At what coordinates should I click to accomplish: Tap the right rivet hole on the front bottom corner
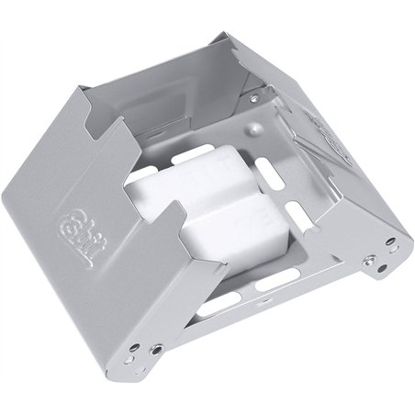157,350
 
